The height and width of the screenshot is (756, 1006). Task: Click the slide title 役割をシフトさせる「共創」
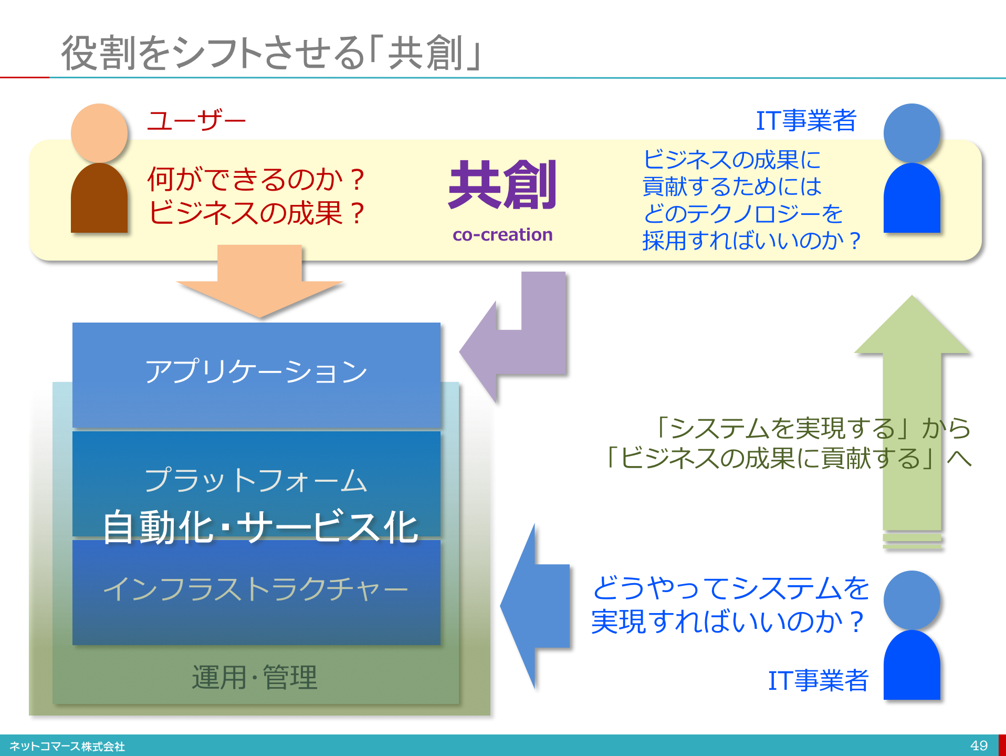click(x=271, y=53)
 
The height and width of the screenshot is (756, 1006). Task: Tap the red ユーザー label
click(x=196, y=120)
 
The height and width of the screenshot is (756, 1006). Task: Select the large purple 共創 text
click(x=502, y=184)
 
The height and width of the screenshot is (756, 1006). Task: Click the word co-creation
click(x=502, y=234)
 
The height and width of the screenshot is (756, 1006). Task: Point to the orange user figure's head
click(x=99, y=133)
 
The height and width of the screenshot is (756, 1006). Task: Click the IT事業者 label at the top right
click(x=806, y=120)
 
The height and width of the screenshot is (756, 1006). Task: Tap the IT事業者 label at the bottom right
click(x=818, y=680)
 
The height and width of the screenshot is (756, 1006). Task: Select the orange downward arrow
click(x=260, y=281)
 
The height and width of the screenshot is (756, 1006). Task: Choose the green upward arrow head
click(x=912, y=326)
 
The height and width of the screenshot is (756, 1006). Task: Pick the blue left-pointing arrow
click(x=535, y=606)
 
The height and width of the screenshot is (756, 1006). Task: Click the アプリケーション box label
click(x=256, y=371)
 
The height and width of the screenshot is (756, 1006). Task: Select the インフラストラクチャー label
click(x=256, y=588)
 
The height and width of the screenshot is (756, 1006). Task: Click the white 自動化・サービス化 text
click(x=260, y=527)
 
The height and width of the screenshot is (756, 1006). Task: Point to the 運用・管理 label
click(x=255, y=677)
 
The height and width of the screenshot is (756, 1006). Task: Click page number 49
click(x=979, y=745)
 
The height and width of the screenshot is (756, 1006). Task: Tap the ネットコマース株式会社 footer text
click(x=67, y=746)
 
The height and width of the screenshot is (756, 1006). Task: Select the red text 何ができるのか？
click(x=257, y=179)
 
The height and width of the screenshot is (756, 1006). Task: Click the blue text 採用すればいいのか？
click(x=751, y=241)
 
